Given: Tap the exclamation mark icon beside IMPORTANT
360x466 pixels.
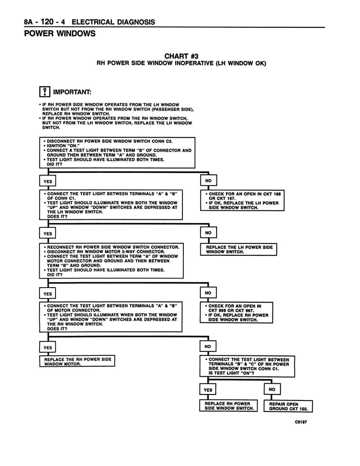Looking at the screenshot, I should [44, 92].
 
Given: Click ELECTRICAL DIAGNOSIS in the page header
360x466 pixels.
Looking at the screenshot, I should [113, 22].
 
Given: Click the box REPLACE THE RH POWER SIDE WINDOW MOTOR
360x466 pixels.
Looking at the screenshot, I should [77, 361].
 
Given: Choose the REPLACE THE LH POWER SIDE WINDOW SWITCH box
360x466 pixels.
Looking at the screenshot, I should [239, 249].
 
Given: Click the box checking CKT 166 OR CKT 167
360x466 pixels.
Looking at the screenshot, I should [242, 200].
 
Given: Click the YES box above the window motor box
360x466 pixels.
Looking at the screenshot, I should [47, 348].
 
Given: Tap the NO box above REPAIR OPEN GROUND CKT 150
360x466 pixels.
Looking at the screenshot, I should [272, 390].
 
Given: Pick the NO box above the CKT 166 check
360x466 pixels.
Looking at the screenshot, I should [208, 181].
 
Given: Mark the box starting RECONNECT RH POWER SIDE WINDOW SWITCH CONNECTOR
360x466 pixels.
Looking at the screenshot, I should [112, 261].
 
